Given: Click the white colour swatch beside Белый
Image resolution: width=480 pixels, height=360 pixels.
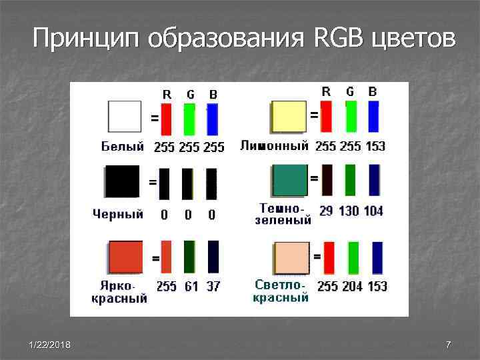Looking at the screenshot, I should pos(124,117).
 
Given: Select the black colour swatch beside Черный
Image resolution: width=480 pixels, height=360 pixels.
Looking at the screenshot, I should pos(123,181).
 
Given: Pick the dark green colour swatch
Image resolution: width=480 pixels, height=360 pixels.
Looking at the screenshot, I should pos(290,180).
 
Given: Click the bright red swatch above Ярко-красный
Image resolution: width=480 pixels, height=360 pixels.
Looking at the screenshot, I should pos(125,257).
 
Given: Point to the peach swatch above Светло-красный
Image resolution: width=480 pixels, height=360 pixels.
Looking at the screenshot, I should pos(291,258).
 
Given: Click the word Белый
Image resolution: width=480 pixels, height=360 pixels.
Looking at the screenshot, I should pos(123,146).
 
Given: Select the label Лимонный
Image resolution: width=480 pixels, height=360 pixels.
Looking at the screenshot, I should pos(274,145).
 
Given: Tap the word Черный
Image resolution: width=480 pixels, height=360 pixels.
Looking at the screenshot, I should pos(118,215).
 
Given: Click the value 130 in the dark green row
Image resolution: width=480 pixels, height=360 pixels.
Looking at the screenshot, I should pos(348,211).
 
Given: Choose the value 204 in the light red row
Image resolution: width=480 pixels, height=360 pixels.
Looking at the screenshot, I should pos(353,286).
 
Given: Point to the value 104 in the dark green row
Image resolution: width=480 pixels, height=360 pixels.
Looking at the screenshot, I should pos(373,211).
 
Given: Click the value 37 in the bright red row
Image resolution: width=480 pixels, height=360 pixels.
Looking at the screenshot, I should pos(213,287).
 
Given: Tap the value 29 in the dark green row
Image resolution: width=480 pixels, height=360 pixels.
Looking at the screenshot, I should pos(326,211).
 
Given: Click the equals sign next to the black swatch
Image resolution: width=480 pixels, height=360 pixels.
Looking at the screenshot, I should pos(153,181).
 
